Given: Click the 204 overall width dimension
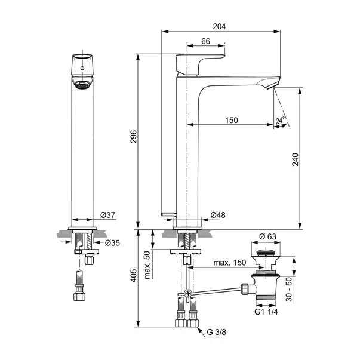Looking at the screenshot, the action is tap(219, 27).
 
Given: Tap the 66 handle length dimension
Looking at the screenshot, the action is tap(205, 41).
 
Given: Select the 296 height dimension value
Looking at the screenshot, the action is tap(133, 137).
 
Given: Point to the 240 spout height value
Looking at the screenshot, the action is tap(296, 159).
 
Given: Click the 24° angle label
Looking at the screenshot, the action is tap(280, 120).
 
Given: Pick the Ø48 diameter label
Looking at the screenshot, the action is tap(218, 215).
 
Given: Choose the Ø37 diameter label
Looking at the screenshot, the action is tap(107, 215).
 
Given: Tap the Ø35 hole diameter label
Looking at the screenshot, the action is tap(112, 243).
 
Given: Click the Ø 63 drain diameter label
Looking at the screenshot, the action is tap(267, 236).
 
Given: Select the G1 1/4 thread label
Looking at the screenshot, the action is tap(266, 312).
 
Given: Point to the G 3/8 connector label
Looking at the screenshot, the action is tap(216, 332).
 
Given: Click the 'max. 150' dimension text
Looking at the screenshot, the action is tap(230, 263).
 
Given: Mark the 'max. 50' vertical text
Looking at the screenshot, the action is tap(147, 265).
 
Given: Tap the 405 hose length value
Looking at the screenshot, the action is tap(133, 276).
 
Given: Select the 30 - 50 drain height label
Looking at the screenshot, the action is tap(290, 290).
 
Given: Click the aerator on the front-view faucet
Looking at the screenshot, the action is tap(82, 85).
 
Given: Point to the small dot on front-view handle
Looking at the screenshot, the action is tap(82, 68).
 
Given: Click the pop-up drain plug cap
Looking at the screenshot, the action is tap(266, 253).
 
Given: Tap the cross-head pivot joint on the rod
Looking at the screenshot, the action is tap(188, 294).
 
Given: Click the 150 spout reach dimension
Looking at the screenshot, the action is tap(232, 121).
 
